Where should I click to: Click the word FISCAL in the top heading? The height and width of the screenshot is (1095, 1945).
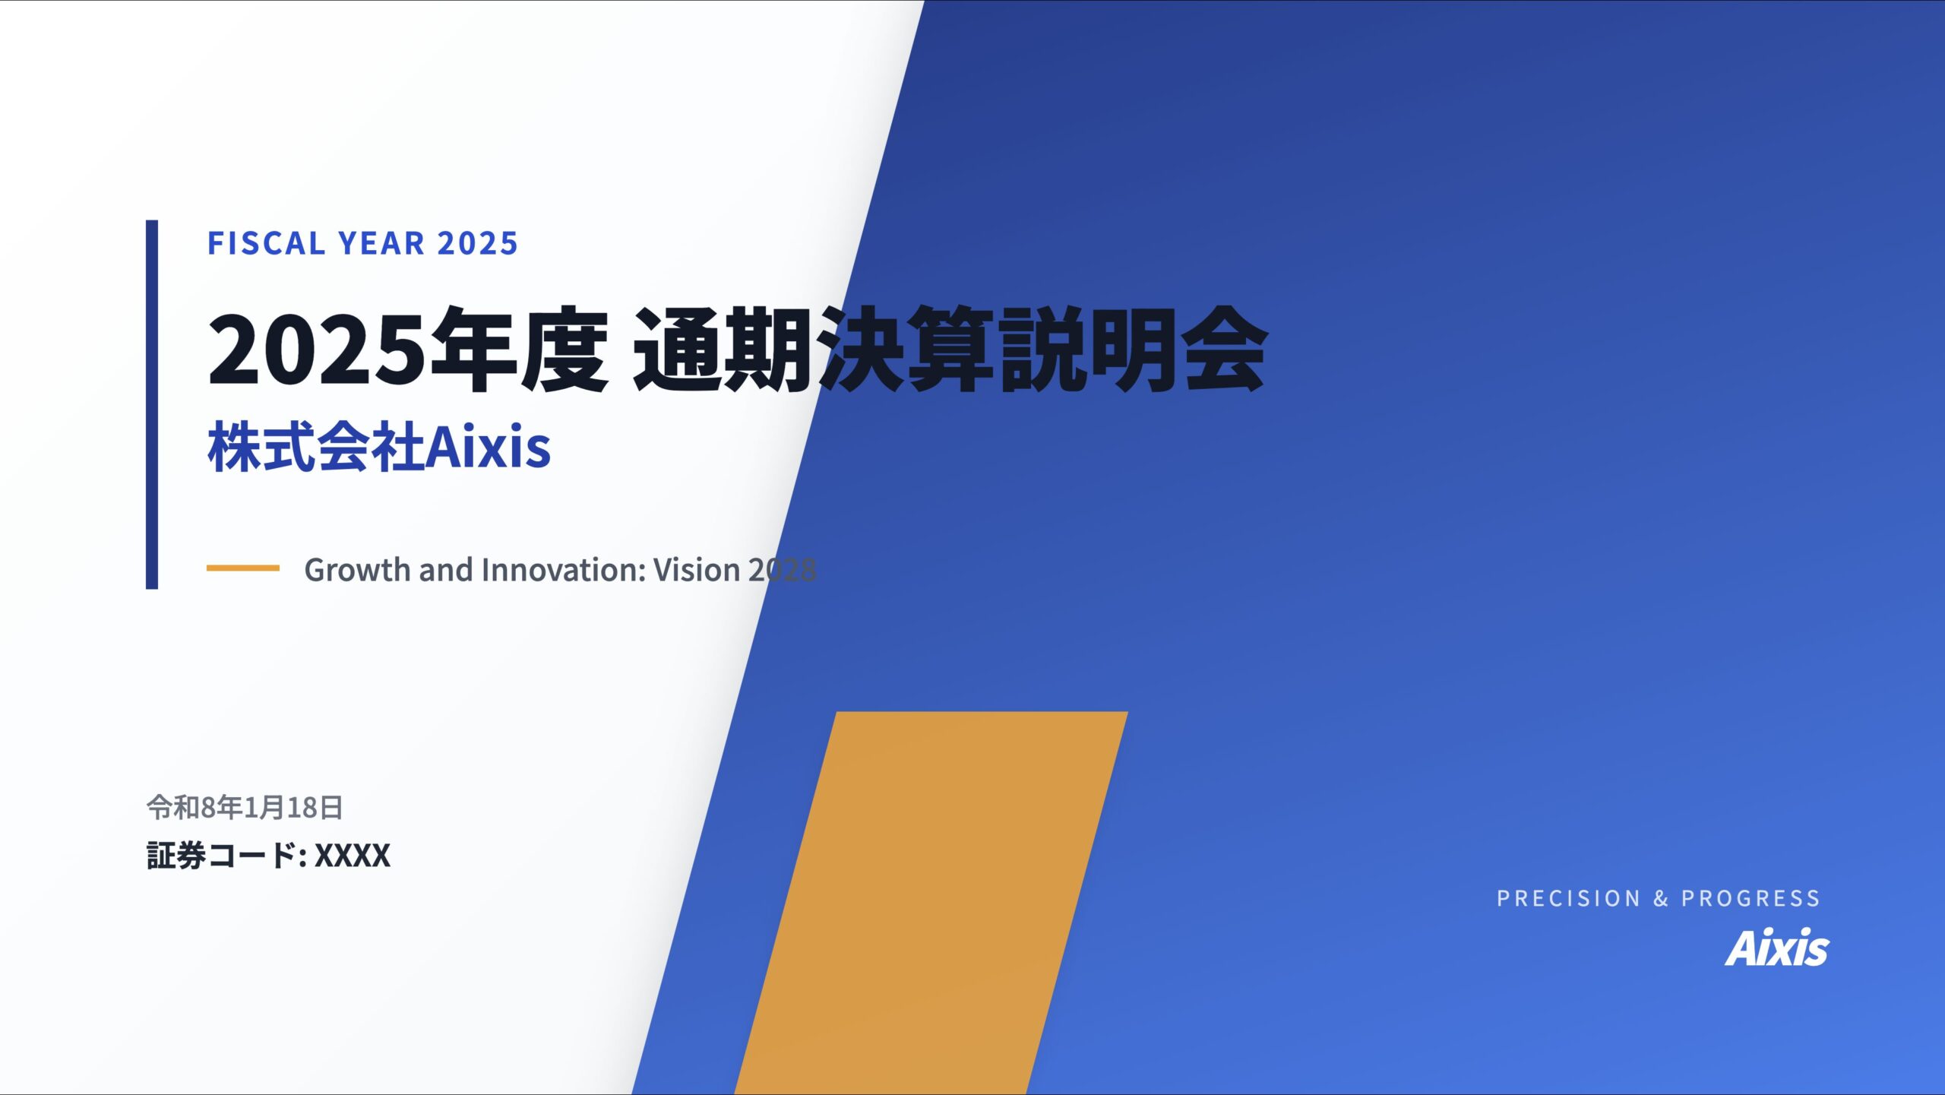[267, 243]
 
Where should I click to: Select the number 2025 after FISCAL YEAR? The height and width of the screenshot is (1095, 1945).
[478, 243]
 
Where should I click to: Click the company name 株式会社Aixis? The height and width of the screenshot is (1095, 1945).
[379, 447]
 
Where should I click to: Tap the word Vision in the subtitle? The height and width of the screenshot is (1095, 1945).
[697, 570]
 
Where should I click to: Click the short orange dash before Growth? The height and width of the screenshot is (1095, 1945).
[243, 568]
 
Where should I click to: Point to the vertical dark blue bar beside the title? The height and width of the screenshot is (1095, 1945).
[152, 404]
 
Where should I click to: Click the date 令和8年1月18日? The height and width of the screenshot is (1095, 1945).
[245, 807]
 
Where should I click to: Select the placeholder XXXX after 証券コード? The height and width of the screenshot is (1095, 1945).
[353, 856]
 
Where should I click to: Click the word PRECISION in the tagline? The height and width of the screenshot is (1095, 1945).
[1568, 898]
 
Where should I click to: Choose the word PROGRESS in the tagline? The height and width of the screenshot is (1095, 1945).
[1750, 898]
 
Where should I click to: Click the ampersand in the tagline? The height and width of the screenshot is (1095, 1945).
[1661, 898]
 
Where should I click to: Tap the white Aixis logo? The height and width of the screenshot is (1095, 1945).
[1777, 947]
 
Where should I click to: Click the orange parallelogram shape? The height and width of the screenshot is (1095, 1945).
[931, 903]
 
